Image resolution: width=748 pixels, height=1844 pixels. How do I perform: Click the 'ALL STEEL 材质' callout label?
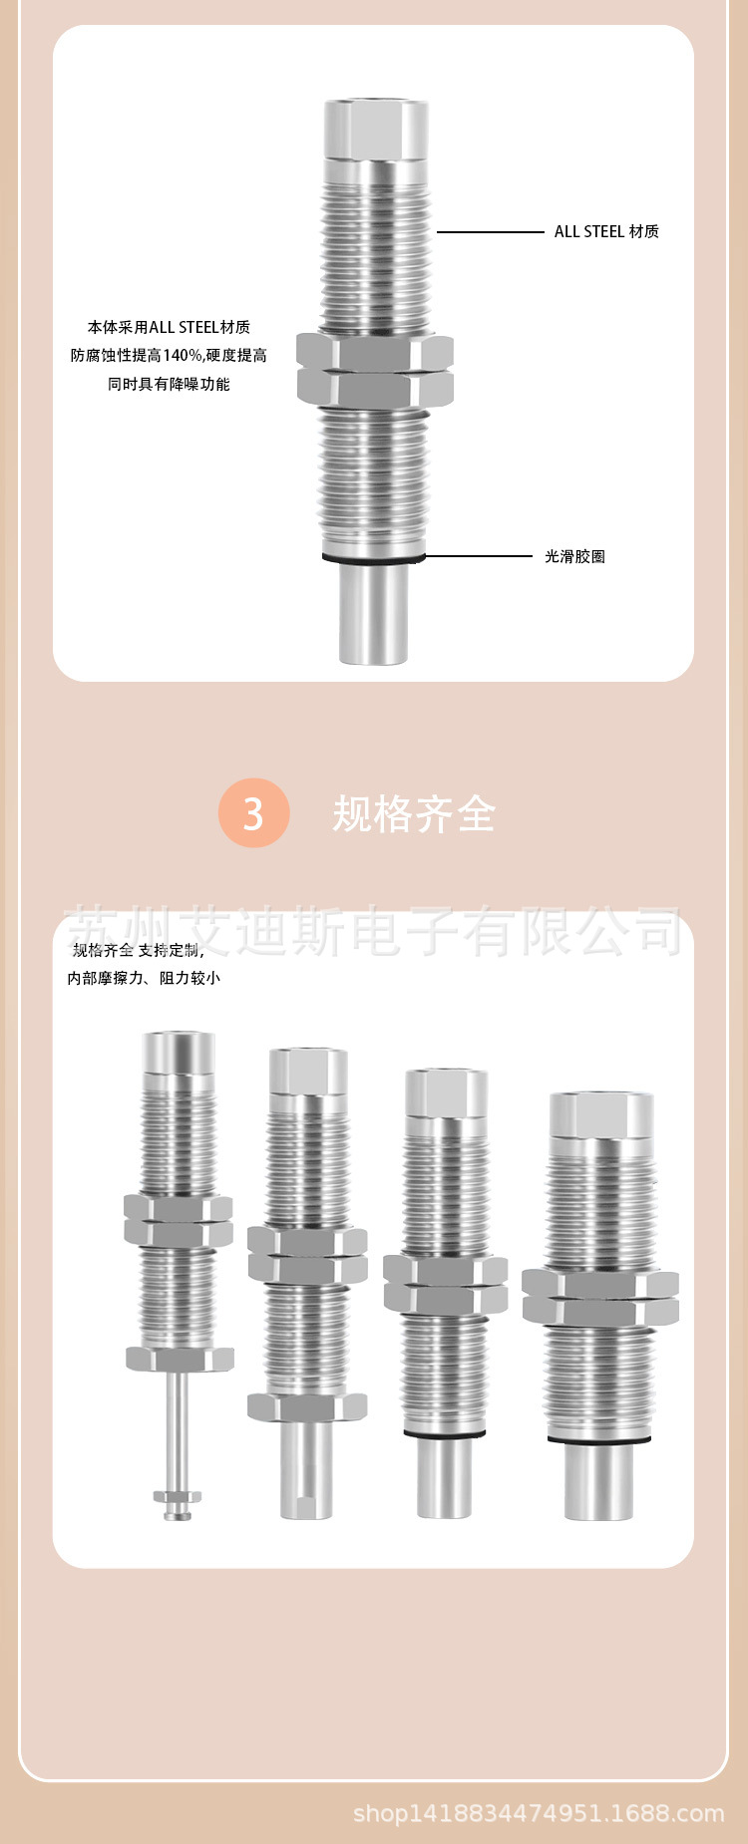tap(606, 231)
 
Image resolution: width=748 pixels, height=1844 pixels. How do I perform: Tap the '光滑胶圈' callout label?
tap(574, 556)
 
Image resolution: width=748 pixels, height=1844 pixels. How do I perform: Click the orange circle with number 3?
tap(253, 813)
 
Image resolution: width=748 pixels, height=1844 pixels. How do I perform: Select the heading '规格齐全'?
tap(414, 814)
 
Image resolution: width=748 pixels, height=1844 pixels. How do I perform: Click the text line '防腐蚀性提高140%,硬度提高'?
tap(169, 356)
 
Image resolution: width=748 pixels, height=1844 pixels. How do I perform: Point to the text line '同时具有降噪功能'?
tap(169, 384)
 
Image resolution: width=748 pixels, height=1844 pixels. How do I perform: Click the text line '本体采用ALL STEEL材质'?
tap(169, 327)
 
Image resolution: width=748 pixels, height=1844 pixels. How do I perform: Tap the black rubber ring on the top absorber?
tap(373, 558)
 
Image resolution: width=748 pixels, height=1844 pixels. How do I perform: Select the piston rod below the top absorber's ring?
tap(374, 613)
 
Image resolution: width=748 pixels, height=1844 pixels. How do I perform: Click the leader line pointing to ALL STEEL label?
tap(490, 232)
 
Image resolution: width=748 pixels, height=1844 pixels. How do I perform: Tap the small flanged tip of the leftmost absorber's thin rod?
tap(177, 1498)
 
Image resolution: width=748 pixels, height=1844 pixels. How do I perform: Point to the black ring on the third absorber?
tap(445, 1435)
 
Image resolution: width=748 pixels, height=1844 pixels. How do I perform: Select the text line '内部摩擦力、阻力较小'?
tap(144, 978)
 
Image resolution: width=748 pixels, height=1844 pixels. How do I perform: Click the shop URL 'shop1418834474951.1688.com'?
tap(539, 1813)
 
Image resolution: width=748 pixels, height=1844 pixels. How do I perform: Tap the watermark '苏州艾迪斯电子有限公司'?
tap(373, 932)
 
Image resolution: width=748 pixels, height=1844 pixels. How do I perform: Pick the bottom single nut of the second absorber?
tap(307, 1406)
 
